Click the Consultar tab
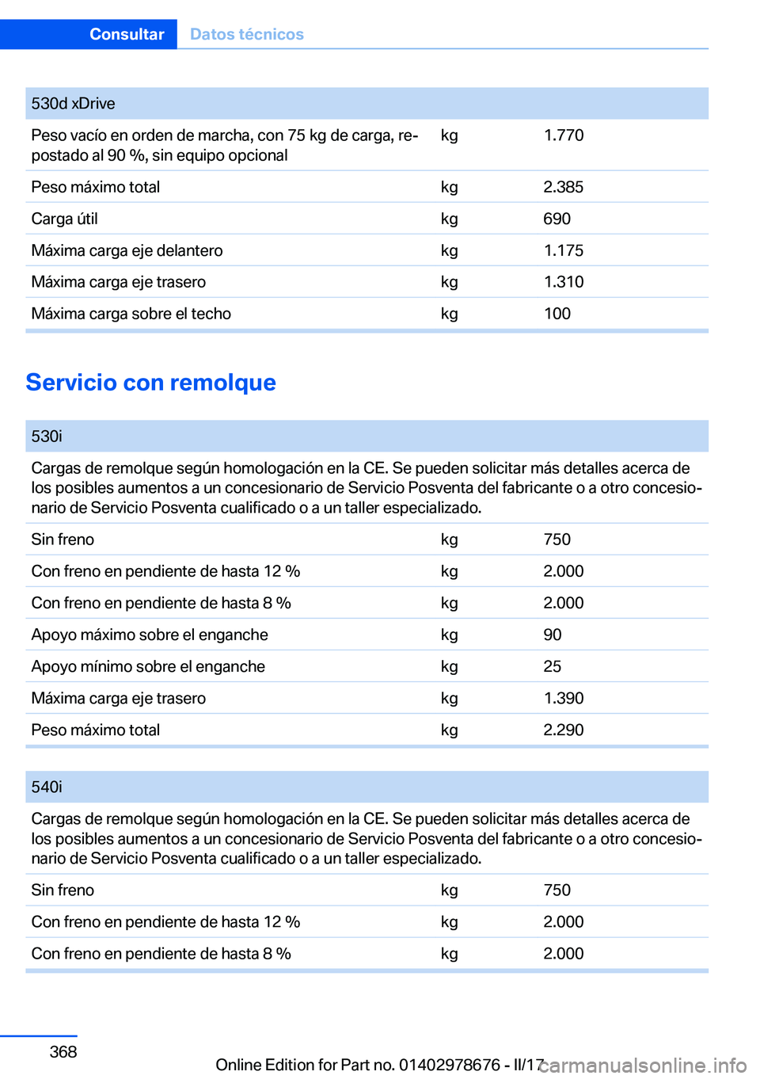click(x=127, y=34)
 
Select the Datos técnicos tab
click(x=246, y=34)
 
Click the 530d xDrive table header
click(x=73, y=104)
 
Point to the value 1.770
click(x=563, y=135)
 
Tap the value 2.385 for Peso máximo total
click(x=563, y=187)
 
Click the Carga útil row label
click(x=64, y=219)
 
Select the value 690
click(x=557, y=219)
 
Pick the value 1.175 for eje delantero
click(x=563, y=250)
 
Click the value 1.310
click(x=563, y=282)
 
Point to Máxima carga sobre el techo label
click(x=131, y=314)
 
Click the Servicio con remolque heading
click(x=150, y=382)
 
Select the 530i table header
click(x=47, y=437)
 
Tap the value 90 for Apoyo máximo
click(x=552, y=635)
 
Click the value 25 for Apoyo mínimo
click(x=552, y=666)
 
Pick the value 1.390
click(x=563, y=698)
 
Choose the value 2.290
click(x=563, y=730)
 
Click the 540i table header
click(x=47, y=787)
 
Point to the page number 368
click(x=63, y=1051)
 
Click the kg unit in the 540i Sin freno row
click(x=449, y=890)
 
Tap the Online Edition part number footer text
click(x=379, y=1065)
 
